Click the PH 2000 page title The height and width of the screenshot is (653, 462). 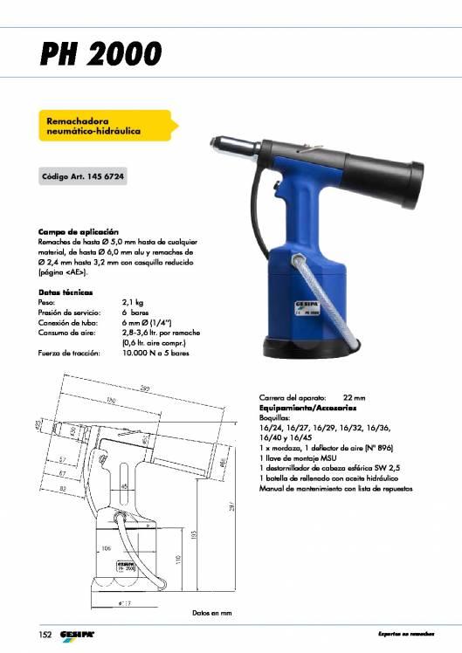coord(101,54)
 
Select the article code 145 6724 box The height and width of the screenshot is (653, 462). coord(84,176)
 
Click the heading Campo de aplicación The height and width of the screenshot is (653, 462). coord(72,231)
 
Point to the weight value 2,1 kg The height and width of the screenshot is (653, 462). coord(133,302)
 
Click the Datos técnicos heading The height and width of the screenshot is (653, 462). coord(66,292)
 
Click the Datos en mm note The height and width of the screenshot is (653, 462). coord(212,613)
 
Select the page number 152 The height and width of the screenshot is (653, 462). coord(44,633)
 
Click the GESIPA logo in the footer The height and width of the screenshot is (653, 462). coord(77,633)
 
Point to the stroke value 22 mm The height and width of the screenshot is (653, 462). coord(354,397)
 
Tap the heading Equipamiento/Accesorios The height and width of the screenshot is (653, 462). coord(307,408)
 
